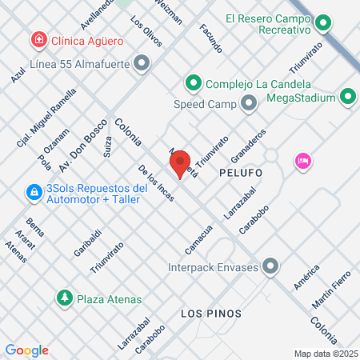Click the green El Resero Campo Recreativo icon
(323, 23)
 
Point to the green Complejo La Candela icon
(193, 82)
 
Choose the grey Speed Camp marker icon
(248, 103)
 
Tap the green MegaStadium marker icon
(347, 98)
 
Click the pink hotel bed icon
(302, 161)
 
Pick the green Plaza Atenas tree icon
(63, 298)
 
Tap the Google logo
(26, 350)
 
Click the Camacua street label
(198, 234)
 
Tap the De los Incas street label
(155, 183)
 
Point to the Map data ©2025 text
(326, 353)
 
